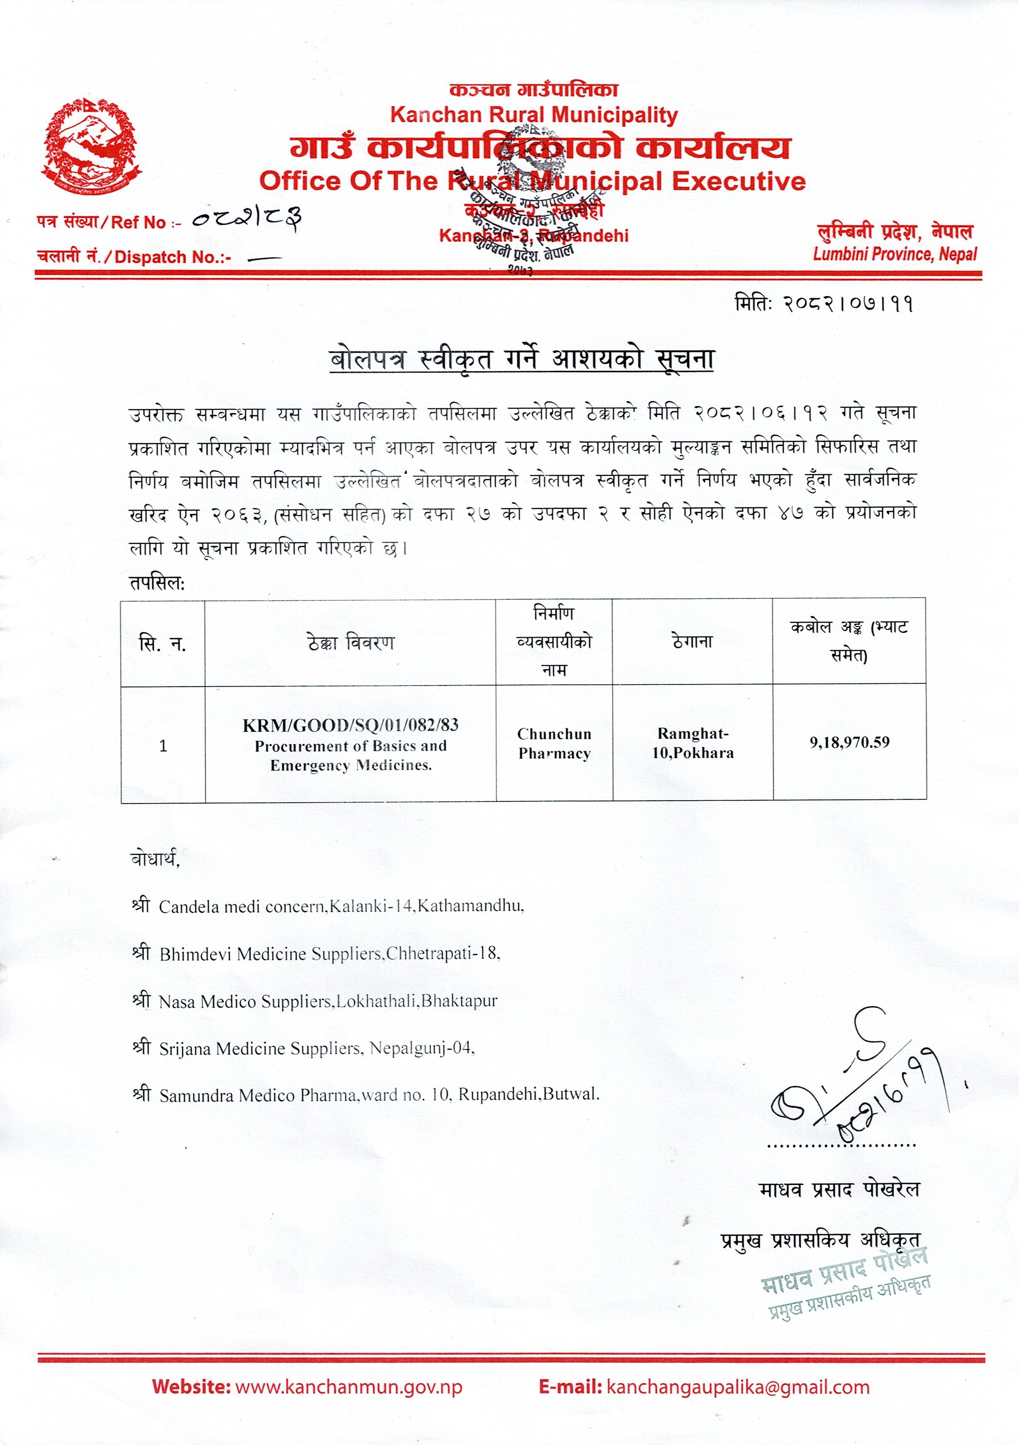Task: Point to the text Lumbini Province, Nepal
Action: tap(895, 254)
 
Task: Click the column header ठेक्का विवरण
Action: tap(351, 643)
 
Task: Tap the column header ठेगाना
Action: tap(692, 641)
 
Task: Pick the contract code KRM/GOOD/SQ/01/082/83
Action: tap(351, 725)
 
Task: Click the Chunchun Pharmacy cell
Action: tap(554, 743)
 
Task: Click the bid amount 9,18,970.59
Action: tap(849, 742)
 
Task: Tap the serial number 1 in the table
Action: tap(163, 746)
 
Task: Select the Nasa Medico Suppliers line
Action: tap(327, 1002)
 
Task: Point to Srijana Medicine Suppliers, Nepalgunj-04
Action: tap(317, 1048)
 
